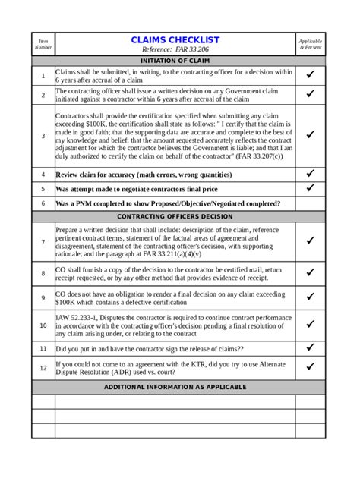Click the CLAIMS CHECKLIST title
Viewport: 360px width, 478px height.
click(x=175, y=39)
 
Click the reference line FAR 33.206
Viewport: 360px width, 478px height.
click(x=175, y=49)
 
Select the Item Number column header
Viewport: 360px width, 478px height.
click(x=43, y=44)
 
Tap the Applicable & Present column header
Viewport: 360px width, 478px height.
click(x=310, y=44)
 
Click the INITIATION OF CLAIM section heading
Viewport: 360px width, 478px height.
click(x=175, y=61)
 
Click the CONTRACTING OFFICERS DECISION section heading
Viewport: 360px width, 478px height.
click(x=175, y=216)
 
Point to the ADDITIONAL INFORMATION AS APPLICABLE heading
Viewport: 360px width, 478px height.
click(x=175, y=387)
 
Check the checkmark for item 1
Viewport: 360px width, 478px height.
click(x=310, y=75)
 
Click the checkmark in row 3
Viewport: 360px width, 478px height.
click(x=310, y=135)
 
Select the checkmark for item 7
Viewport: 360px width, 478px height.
click(x=310, y=241)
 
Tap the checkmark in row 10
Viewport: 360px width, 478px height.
click(x=310, y=325)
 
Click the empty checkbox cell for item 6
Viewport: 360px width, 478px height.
click(x=310, y=203)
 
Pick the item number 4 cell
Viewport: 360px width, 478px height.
click(x=43, y=174)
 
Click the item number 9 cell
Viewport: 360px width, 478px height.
click(x=43, y=298)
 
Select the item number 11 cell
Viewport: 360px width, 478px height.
click(x=43, y=348)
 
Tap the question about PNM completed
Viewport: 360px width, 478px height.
click(x=167, y=203)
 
